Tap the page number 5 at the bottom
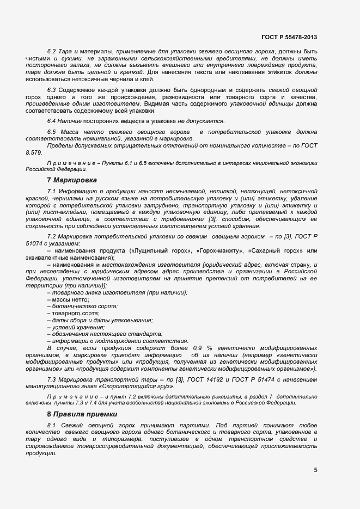(315, 470)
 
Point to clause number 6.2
(52, 51)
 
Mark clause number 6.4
(52, 121)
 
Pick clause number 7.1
(52, 191)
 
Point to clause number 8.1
(52, 425)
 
